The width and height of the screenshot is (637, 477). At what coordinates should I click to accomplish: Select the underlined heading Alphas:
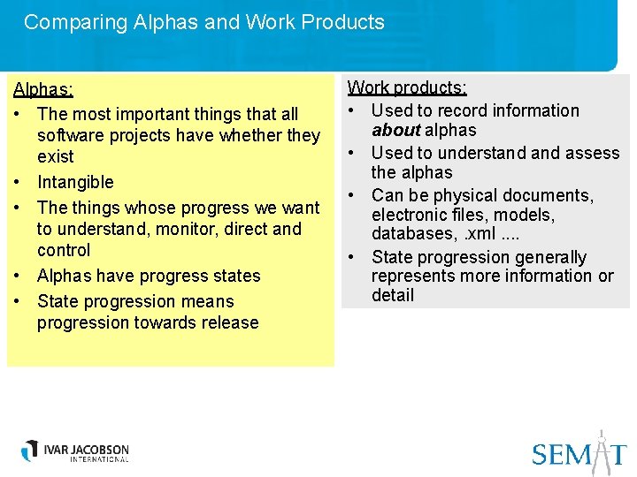(x=42, y=89)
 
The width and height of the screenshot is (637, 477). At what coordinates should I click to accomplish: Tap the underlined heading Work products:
(x=407, y=87)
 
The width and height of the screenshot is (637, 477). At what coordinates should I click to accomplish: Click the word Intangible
(x=75, y=182)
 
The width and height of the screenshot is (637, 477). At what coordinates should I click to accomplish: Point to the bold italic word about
(x=395, y=130)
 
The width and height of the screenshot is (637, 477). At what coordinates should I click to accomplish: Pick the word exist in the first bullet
(x=55, y=156)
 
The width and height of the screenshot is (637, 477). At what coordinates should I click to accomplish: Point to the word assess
(x=592, y=153)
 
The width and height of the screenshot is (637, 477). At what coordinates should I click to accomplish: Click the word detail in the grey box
(x=392, y=295)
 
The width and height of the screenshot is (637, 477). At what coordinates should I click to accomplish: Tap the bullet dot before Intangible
(x=17, y=183)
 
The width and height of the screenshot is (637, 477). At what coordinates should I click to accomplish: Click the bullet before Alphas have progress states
(x=17, y=276)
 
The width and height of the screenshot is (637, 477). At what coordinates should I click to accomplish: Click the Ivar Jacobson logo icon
(x=31, y=450)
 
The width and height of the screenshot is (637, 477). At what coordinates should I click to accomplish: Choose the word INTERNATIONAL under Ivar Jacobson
(x=87, y=459)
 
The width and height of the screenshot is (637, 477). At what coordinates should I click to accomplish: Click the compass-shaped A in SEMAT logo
(x=599, y=450)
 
